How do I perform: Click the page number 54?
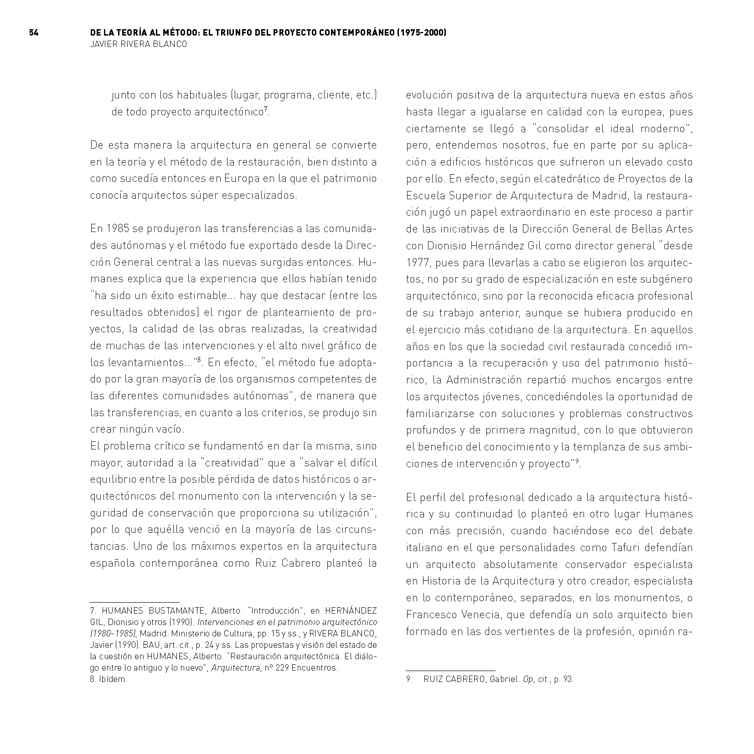point(34,33)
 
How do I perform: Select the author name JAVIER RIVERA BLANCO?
point(139,45)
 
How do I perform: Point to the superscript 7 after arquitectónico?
point(266,108)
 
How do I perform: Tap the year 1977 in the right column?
point(418,263)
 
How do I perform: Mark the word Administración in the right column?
point(483,380)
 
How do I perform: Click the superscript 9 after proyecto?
point(577,462)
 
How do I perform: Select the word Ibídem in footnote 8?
point(113,679)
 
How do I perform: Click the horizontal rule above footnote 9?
point(450,671)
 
